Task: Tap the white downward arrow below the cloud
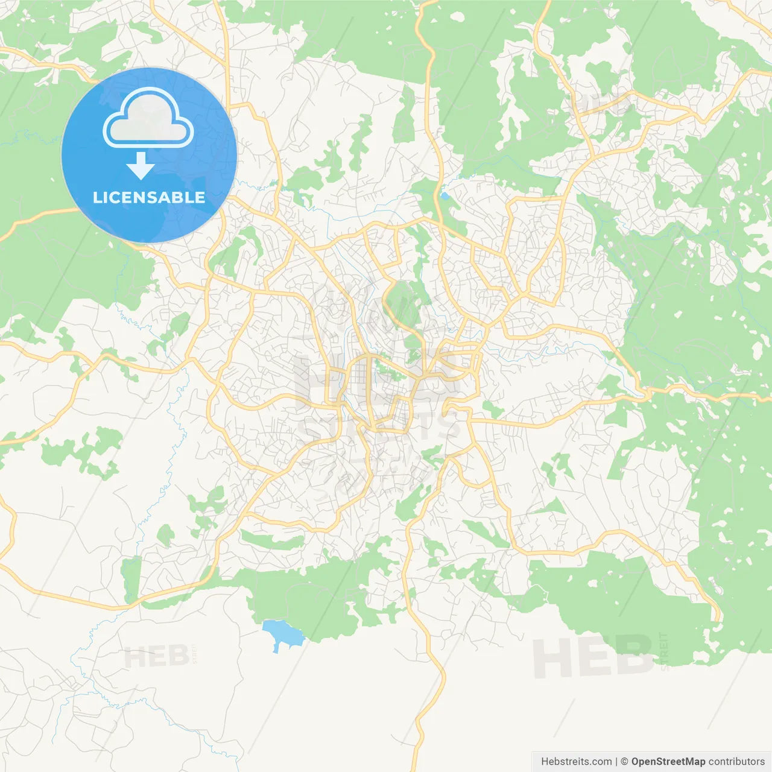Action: click(x=141, y=166)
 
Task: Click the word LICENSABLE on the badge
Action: click(x=149, y=197)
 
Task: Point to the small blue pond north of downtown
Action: click(x=445, y=196)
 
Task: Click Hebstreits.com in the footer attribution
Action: click(x=576, y=762)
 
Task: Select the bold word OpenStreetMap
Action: click(x=668, y=762)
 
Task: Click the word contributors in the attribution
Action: click(x=736, y=762)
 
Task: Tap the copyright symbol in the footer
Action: click(x=624, y=762)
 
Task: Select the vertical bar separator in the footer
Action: click(x=616, y=762)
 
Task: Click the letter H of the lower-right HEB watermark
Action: click(x=552, y=657)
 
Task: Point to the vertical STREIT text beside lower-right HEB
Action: click(x=664, y=651)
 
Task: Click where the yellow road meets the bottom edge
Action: click(x=419, y=768)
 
